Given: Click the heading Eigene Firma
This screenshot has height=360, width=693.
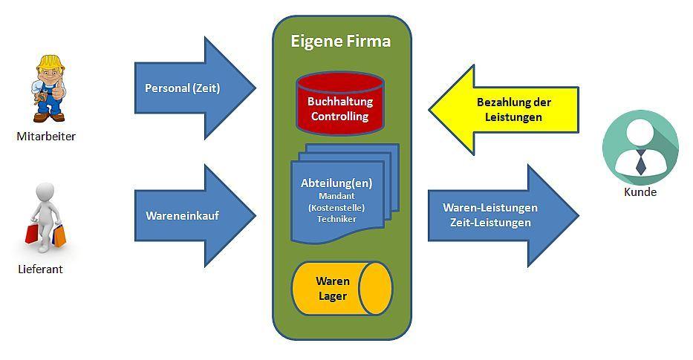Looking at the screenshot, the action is (340, 41).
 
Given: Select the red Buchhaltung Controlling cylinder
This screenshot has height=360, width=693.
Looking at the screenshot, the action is (340, 104).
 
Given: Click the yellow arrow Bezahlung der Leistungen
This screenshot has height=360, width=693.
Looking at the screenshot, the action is (504, 110).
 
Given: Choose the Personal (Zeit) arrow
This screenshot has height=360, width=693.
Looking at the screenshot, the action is (195, 88).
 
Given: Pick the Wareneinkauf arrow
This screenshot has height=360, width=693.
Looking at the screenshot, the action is (195, 215).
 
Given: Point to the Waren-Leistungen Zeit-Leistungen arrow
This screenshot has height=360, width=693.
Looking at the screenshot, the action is (504, 215).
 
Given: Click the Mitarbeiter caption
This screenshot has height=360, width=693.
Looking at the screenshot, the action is (46, 136).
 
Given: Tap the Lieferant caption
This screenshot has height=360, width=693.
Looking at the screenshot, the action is (40, 269).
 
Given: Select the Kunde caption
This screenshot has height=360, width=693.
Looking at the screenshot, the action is (640, 192).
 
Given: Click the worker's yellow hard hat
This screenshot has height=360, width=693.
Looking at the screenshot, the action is (51, 63).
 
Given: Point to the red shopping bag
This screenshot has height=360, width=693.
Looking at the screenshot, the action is (32, 233).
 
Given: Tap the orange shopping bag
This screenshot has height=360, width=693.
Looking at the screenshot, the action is (59, 235).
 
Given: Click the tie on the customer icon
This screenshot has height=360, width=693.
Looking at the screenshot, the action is (640, 162).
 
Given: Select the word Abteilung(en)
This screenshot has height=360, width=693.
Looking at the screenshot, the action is (336, 183).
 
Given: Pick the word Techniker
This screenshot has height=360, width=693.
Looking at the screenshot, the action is (336, 219).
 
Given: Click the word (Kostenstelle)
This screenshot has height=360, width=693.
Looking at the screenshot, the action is (336, 207).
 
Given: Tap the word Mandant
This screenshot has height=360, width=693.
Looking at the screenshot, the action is (336, 196).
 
